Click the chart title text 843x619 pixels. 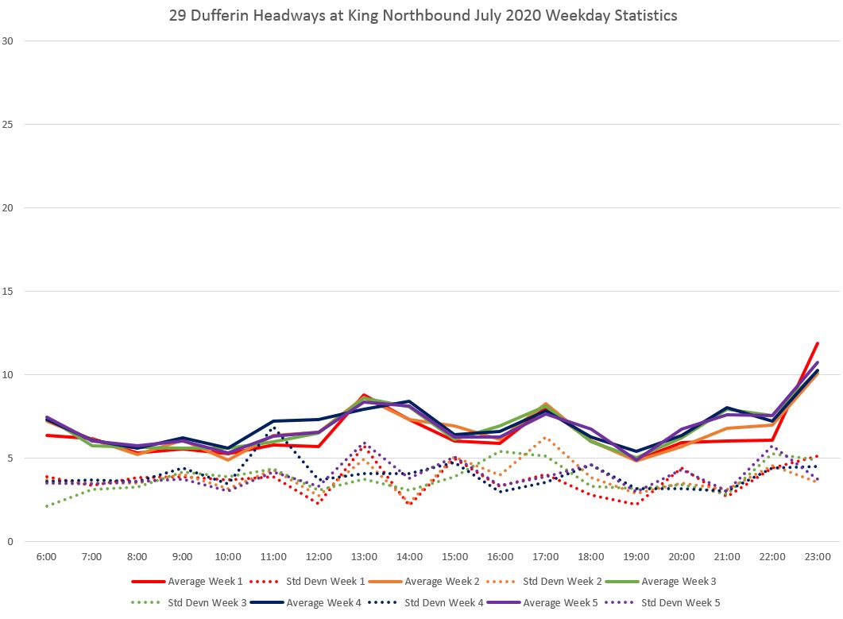(423, 15)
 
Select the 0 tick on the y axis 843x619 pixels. (10, 542)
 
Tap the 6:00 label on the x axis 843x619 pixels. (46, 557)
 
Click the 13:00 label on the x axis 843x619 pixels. (364, 557)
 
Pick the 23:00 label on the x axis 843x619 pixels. (818, 557)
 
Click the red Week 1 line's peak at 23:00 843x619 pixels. (818, 344)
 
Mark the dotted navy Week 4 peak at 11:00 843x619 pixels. (273, 428)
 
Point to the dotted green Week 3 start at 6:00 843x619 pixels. (46, 506)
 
